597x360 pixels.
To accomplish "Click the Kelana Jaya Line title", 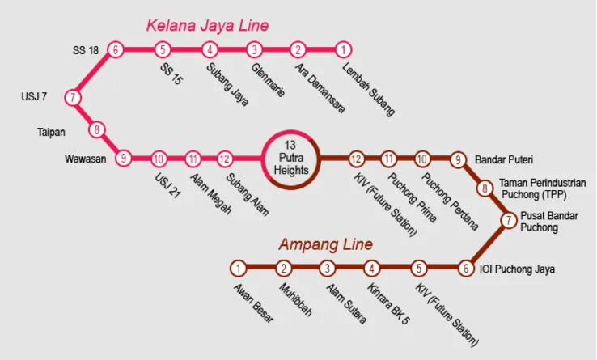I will [207, 26].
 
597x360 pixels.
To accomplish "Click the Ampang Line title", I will [325, 244].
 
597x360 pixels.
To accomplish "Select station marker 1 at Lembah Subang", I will [343, 50].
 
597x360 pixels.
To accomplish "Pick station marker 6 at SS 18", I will [116, 50].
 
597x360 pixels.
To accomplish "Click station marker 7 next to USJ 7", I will [74, 98].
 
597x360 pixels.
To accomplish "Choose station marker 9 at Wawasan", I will [123, 159].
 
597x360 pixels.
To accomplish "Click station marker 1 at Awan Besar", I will [238, 269].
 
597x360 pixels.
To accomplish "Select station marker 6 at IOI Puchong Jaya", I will [465, 269].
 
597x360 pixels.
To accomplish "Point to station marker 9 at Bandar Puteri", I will [459, 159].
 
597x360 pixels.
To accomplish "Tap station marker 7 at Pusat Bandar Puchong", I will [508, 219].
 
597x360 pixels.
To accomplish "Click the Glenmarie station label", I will [268, 80].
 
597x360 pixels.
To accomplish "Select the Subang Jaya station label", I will [227, 85].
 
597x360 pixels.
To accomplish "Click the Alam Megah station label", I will [210, 193].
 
